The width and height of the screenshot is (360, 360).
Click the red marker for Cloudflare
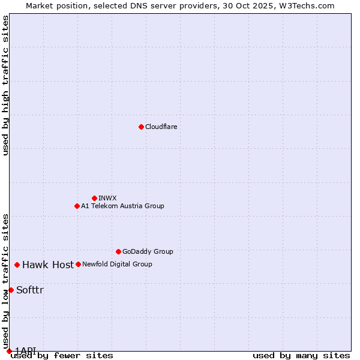point(141,127)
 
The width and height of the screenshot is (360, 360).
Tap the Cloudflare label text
point(161,127)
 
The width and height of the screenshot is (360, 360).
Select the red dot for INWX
point(94,198)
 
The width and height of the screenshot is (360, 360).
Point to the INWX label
point(107,198)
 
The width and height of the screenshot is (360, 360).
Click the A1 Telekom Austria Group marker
point(77,206)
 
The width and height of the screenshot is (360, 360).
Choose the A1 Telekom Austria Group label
point(122,206)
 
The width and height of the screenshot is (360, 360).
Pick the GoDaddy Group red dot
point(118,251)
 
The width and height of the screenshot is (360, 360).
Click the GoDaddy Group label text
point(148,251)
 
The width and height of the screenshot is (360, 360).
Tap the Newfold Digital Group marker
point(78,264)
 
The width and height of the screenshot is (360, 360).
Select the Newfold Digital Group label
point(117,264)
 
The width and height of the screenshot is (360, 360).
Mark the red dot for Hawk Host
point(17,265)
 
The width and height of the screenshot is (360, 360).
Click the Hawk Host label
point(48,265)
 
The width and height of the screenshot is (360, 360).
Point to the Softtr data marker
point(11,290)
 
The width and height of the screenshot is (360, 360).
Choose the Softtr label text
point(30,290)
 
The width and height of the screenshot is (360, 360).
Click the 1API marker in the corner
point(9,351)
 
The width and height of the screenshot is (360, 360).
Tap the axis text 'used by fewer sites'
point(62,356)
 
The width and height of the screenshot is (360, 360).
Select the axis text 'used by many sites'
point(301,356)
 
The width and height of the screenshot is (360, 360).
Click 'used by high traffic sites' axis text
point(5,85)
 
